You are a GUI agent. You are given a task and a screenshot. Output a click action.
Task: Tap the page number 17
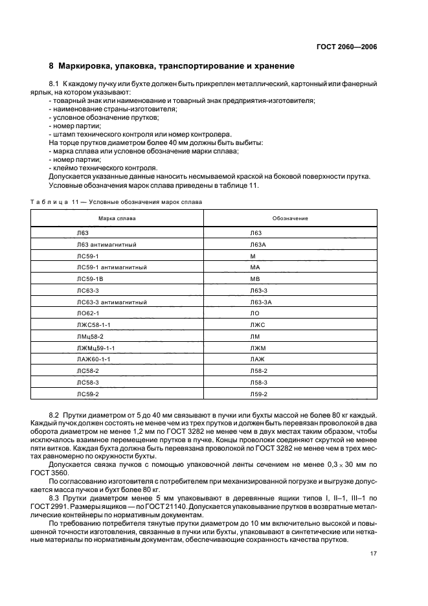374,554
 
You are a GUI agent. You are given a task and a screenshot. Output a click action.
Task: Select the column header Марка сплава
117,218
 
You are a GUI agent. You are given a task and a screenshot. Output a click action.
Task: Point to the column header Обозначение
290,218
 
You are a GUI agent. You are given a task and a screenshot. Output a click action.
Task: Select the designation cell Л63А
257,244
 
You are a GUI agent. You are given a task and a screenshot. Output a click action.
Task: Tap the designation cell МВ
254,278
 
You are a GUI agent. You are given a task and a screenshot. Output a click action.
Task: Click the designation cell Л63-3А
260,302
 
